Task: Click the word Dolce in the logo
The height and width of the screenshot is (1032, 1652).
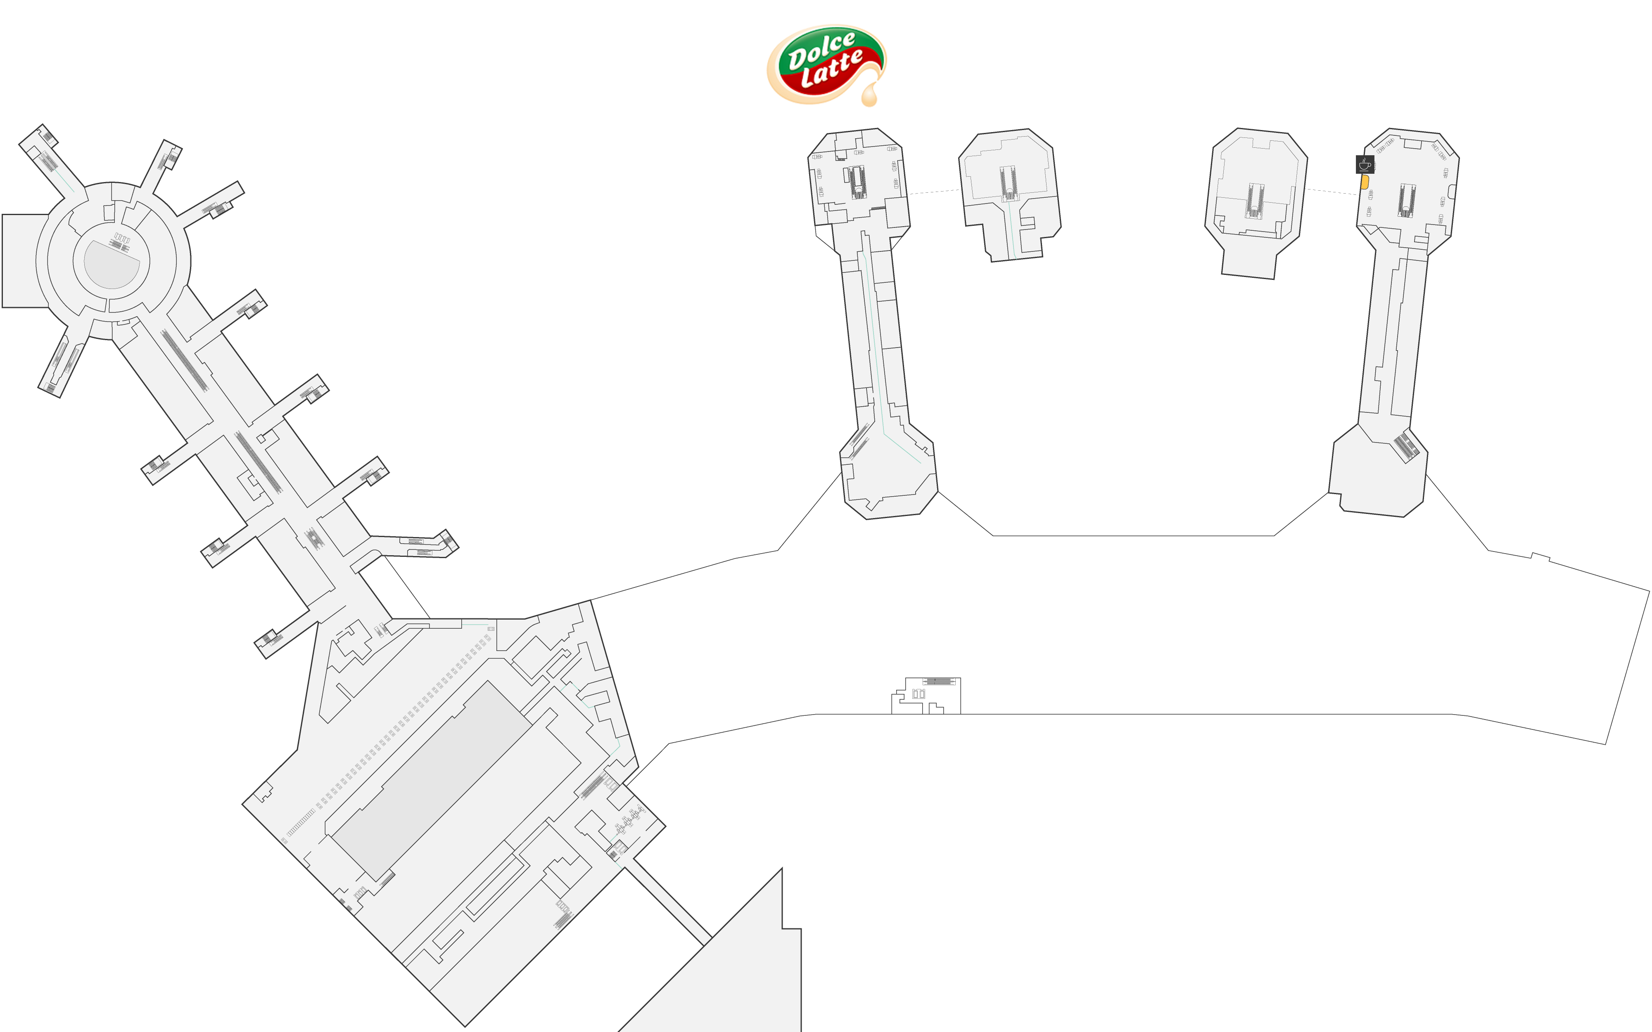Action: pyautogui.click(x=821, y=51)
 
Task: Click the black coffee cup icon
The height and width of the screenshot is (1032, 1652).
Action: pyautogui.click(x=1365, y=164)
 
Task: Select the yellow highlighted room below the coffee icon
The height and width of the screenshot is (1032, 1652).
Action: pyautogui.click(x=1365, y=182)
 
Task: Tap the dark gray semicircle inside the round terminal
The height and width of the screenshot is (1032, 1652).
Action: pyautogui.click(x=111, y=263)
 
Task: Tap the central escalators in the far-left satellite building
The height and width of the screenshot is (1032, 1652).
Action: pyautogui.click(x=858, y=182)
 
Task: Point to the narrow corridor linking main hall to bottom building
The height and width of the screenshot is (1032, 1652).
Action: pyautogui.click(x=668, y=902)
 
